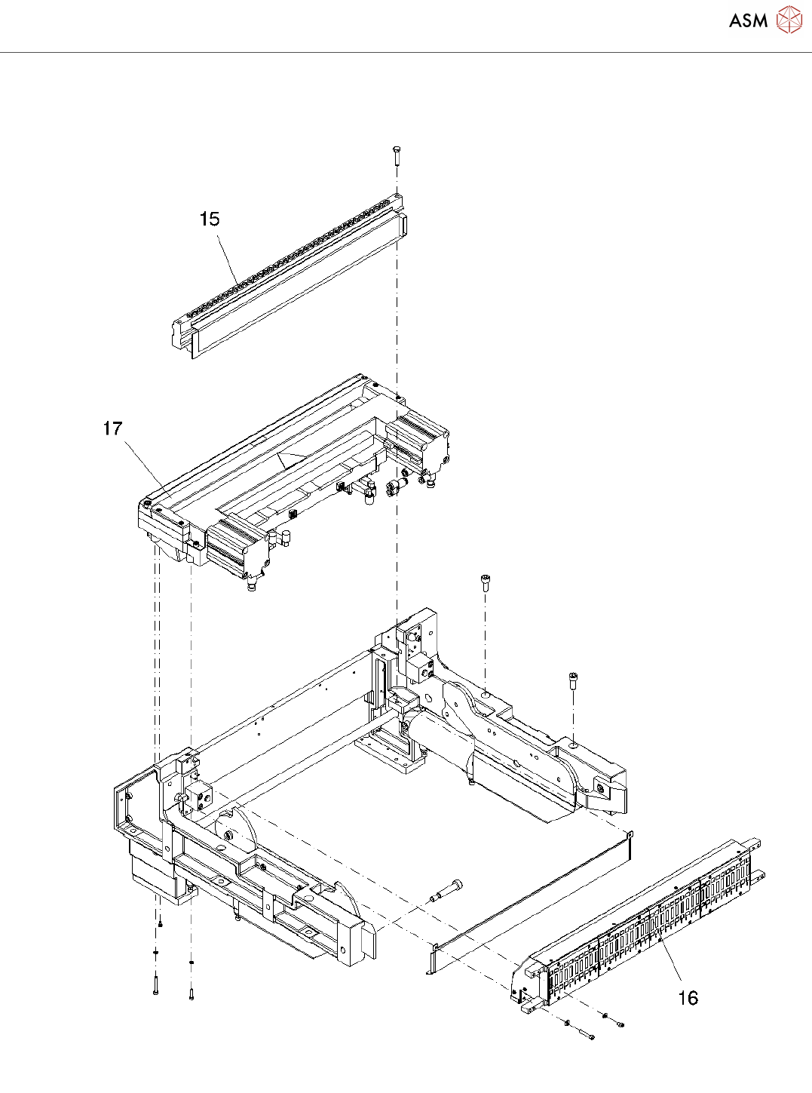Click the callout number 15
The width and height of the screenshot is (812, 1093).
210,219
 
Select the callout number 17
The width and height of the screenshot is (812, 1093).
112,428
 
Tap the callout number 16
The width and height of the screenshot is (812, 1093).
688,998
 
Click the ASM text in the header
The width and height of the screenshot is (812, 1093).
748,20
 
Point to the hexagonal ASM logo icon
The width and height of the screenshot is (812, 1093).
789,20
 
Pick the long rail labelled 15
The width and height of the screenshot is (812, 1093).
294,279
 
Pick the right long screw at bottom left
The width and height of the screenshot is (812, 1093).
192,988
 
